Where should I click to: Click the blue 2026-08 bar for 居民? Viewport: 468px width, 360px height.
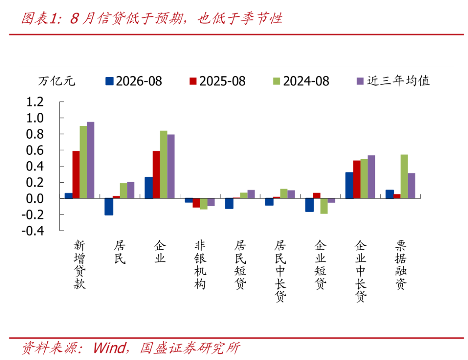click(109, 207)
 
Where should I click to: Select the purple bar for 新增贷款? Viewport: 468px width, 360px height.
click(91, 160)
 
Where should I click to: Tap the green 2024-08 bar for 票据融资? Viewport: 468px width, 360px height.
click(404, 176)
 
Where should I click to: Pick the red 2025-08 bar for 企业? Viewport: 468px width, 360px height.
click(156, 175)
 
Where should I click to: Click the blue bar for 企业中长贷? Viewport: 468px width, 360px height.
click(349, 185)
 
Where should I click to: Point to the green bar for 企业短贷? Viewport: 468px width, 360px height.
click(324, 206)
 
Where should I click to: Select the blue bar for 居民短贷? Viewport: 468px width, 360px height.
click(229, 203)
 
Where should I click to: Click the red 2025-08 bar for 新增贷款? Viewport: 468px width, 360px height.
click(76, 175)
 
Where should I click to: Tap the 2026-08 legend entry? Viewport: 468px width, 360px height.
click(133, 81)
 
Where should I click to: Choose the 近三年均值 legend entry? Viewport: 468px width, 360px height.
click(393, 81)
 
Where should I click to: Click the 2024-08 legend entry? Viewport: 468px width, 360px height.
click(301, 81)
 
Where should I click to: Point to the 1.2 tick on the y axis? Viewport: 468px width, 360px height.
click(35, 102)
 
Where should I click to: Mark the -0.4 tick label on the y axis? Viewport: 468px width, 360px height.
click(33, 231)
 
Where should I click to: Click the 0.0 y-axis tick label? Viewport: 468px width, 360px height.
click(35, 199)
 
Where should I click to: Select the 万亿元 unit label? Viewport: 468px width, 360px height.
click(56, 81)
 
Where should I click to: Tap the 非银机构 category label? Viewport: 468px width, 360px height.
click(200, 265)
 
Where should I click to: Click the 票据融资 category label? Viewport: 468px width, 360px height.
click(401, 265)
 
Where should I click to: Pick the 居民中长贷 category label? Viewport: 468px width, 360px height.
click(280, 271)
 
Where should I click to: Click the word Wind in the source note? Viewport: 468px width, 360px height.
click(109, 348)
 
